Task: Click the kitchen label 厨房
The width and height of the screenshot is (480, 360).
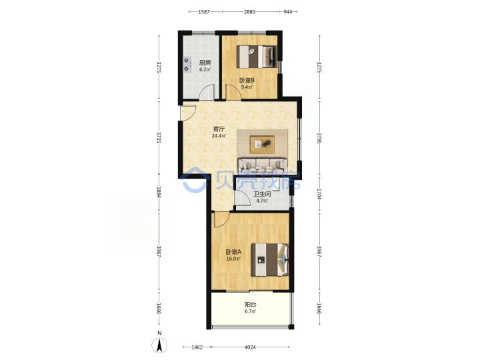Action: (x=205, y=63)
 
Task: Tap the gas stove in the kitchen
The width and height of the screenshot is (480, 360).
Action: (x=187, y=65)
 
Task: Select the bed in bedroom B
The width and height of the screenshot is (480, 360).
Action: (x=257, y=57)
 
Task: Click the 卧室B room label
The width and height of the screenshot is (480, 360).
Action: (x=247, y=81)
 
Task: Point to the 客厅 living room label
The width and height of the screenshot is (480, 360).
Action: (x=219, y=129)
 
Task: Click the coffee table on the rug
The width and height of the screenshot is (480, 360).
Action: (x=262, y=145)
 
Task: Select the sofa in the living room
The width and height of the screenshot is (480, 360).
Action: (x=263, y=165)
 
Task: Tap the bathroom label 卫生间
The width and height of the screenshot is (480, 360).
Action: (x=262, y=194)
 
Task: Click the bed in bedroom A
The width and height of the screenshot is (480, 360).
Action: (x=270, y=259)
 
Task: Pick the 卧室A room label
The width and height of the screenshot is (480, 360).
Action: (x=233, y=252)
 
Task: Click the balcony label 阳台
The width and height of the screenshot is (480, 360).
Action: (x=251, y=305)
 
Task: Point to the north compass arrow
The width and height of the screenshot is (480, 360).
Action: (x=159, y=345)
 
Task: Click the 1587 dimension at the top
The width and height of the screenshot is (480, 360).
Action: (x=204, y=12)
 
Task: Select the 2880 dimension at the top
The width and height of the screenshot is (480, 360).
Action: (x=249, y=12)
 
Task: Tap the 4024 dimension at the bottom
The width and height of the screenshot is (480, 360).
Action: (x=250, y=347)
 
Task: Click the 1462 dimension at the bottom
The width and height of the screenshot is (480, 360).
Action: (x=197, y=347)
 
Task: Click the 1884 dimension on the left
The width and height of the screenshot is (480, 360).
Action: (x=159, y=192)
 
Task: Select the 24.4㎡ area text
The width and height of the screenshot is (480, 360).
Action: (x=219, y=135)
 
